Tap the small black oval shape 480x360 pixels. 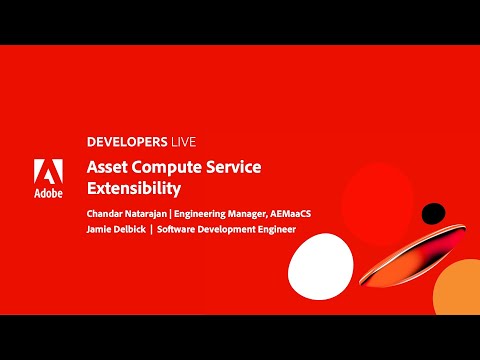pos(432,213)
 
